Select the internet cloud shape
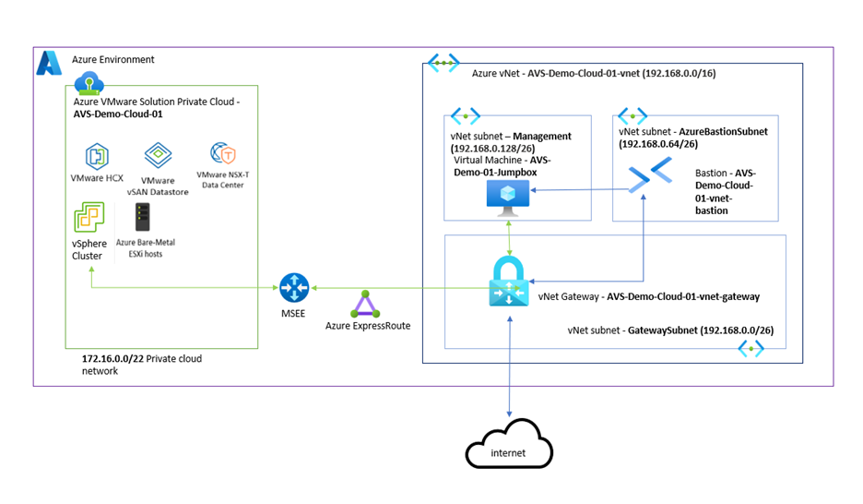tap(508, 450)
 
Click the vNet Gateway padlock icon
tap(510, 281)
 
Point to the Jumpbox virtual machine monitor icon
tap(507, 195)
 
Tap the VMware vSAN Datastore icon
tap(158, 155)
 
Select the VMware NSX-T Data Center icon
tap(222, 153)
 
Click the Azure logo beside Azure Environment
tap(49, 63)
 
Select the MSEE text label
tap(294, 314)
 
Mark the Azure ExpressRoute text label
tap(368, 326)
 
